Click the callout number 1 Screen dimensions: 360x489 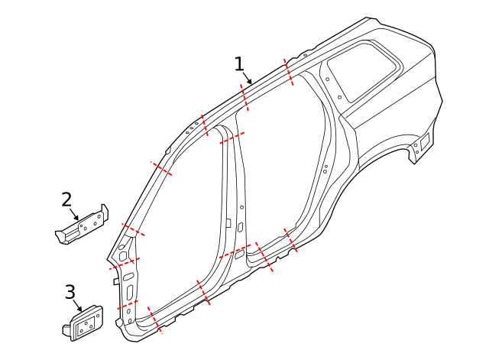tap(240, 63)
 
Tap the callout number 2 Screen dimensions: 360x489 tap(66, 199)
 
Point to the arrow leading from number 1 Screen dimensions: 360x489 tap(248, 77)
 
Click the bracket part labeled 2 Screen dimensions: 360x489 tap(84, 225)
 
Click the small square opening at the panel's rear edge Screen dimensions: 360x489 tap(425, 141)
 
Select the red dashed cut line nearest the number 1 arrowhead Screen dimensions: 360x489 tap(244, 98)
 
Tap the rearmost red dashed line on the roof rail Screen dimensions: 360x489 tap(290, 71)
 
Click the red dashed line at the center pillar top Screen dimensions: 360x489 tap(232, 138)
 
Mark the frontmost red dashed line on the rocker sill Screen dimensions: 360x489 tap(154, 321)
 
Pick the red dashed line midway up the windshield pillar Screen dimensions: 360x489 tap(161, 167)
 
